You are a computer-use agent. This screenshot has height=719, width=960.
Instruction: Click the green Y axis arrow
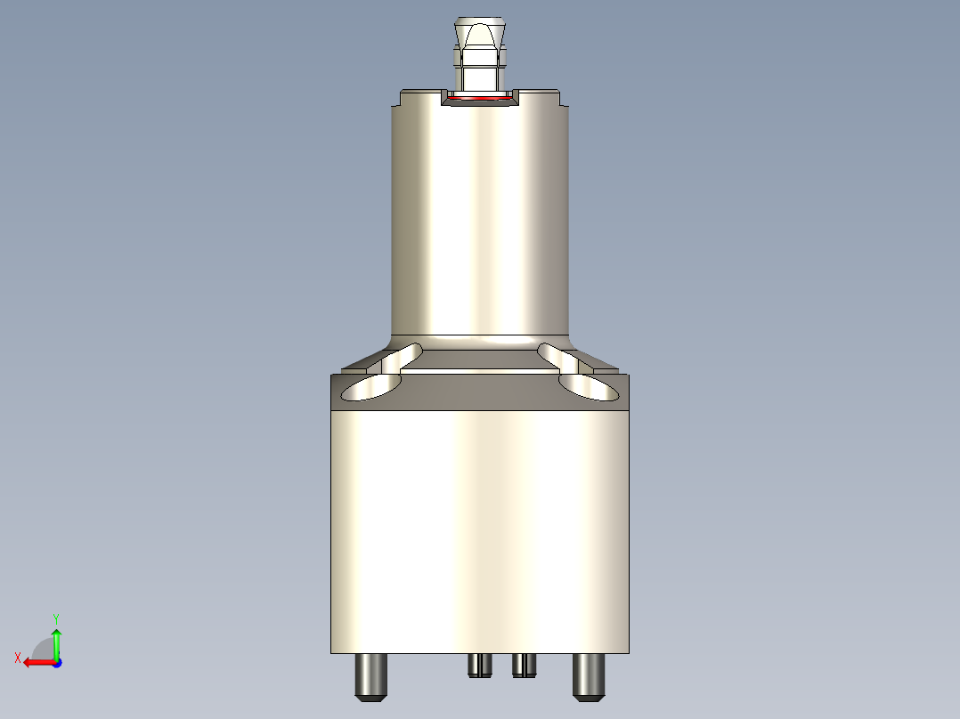(x=56, y=642)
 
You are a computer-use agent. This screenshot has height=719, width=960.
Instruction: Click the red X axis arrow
(x=36, y=662)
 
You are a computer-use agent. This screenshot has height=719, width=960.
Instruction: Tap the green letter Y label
(x=56, y=617)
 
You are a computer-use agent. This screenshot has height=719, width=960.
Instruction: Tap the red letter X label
(x=17, y=658)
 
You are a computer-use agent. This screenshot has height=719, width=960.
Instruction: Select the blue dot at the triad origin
(x=56, y=662)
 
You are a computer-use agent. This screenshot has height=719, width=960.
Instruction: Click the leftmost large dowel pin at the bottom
(x=370, y=675)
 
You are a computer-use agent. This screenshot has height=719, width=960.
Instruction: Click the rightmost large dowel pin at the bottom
(x=589, y=675)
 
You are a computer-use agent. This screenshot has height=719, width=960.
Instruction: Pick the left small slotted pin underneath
(x=480, y=665)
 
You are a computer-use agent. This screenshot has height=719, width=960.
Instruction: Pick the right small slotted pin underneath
(x=524, y=665)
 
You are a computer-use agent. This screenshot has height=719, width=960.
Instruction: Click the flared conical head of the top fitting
(x=480, y=36)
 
